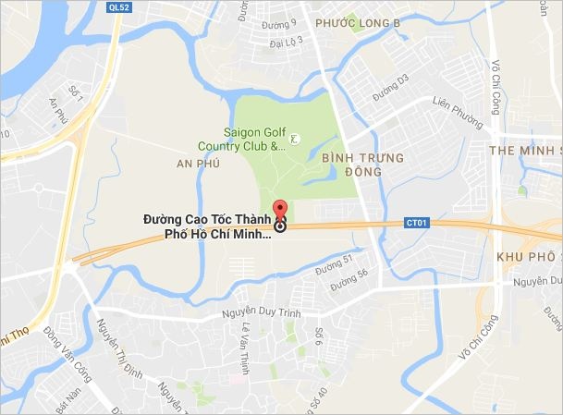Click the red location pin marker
pyautogui.click(x=280, y=209)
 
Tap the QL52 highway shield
pyautogui.click(x=117, y=7)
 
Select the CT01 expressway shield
pyautogui.click(x=418, y=222)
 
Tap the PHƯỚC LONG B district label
pyautogui.click(x=356, y=21)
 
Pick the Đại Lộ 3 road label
pyautogui.click(x=287, y=41)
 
